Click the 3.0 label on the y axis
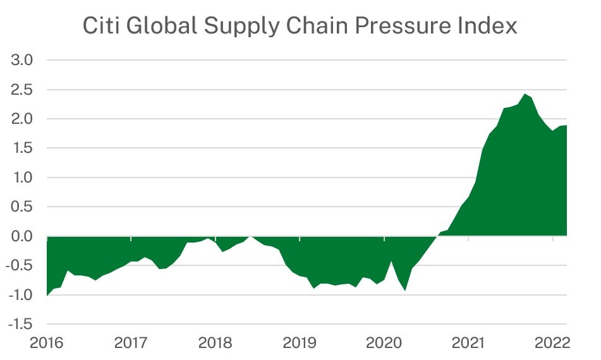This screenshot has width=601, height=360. (22, 60)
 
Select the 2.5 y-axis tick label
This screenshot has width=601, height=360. (22, 89)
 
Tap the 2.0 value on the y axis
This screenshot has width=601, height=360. (22, 119)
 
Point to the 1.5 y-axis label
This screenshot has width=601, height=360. (22, 148)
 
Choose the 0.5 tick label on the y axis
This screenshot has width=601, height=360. (22, 207)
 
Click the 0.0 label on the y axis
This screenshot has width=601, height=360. (22, 236)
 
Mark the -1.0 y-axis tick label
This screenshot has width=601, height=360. (20, 295)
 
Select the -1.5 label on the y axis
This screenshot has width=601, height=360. (20, 324)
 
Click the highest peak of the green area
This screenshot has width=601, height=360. (525, 94)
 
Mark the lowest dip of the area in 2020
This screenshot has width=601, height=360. (405, 291)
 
